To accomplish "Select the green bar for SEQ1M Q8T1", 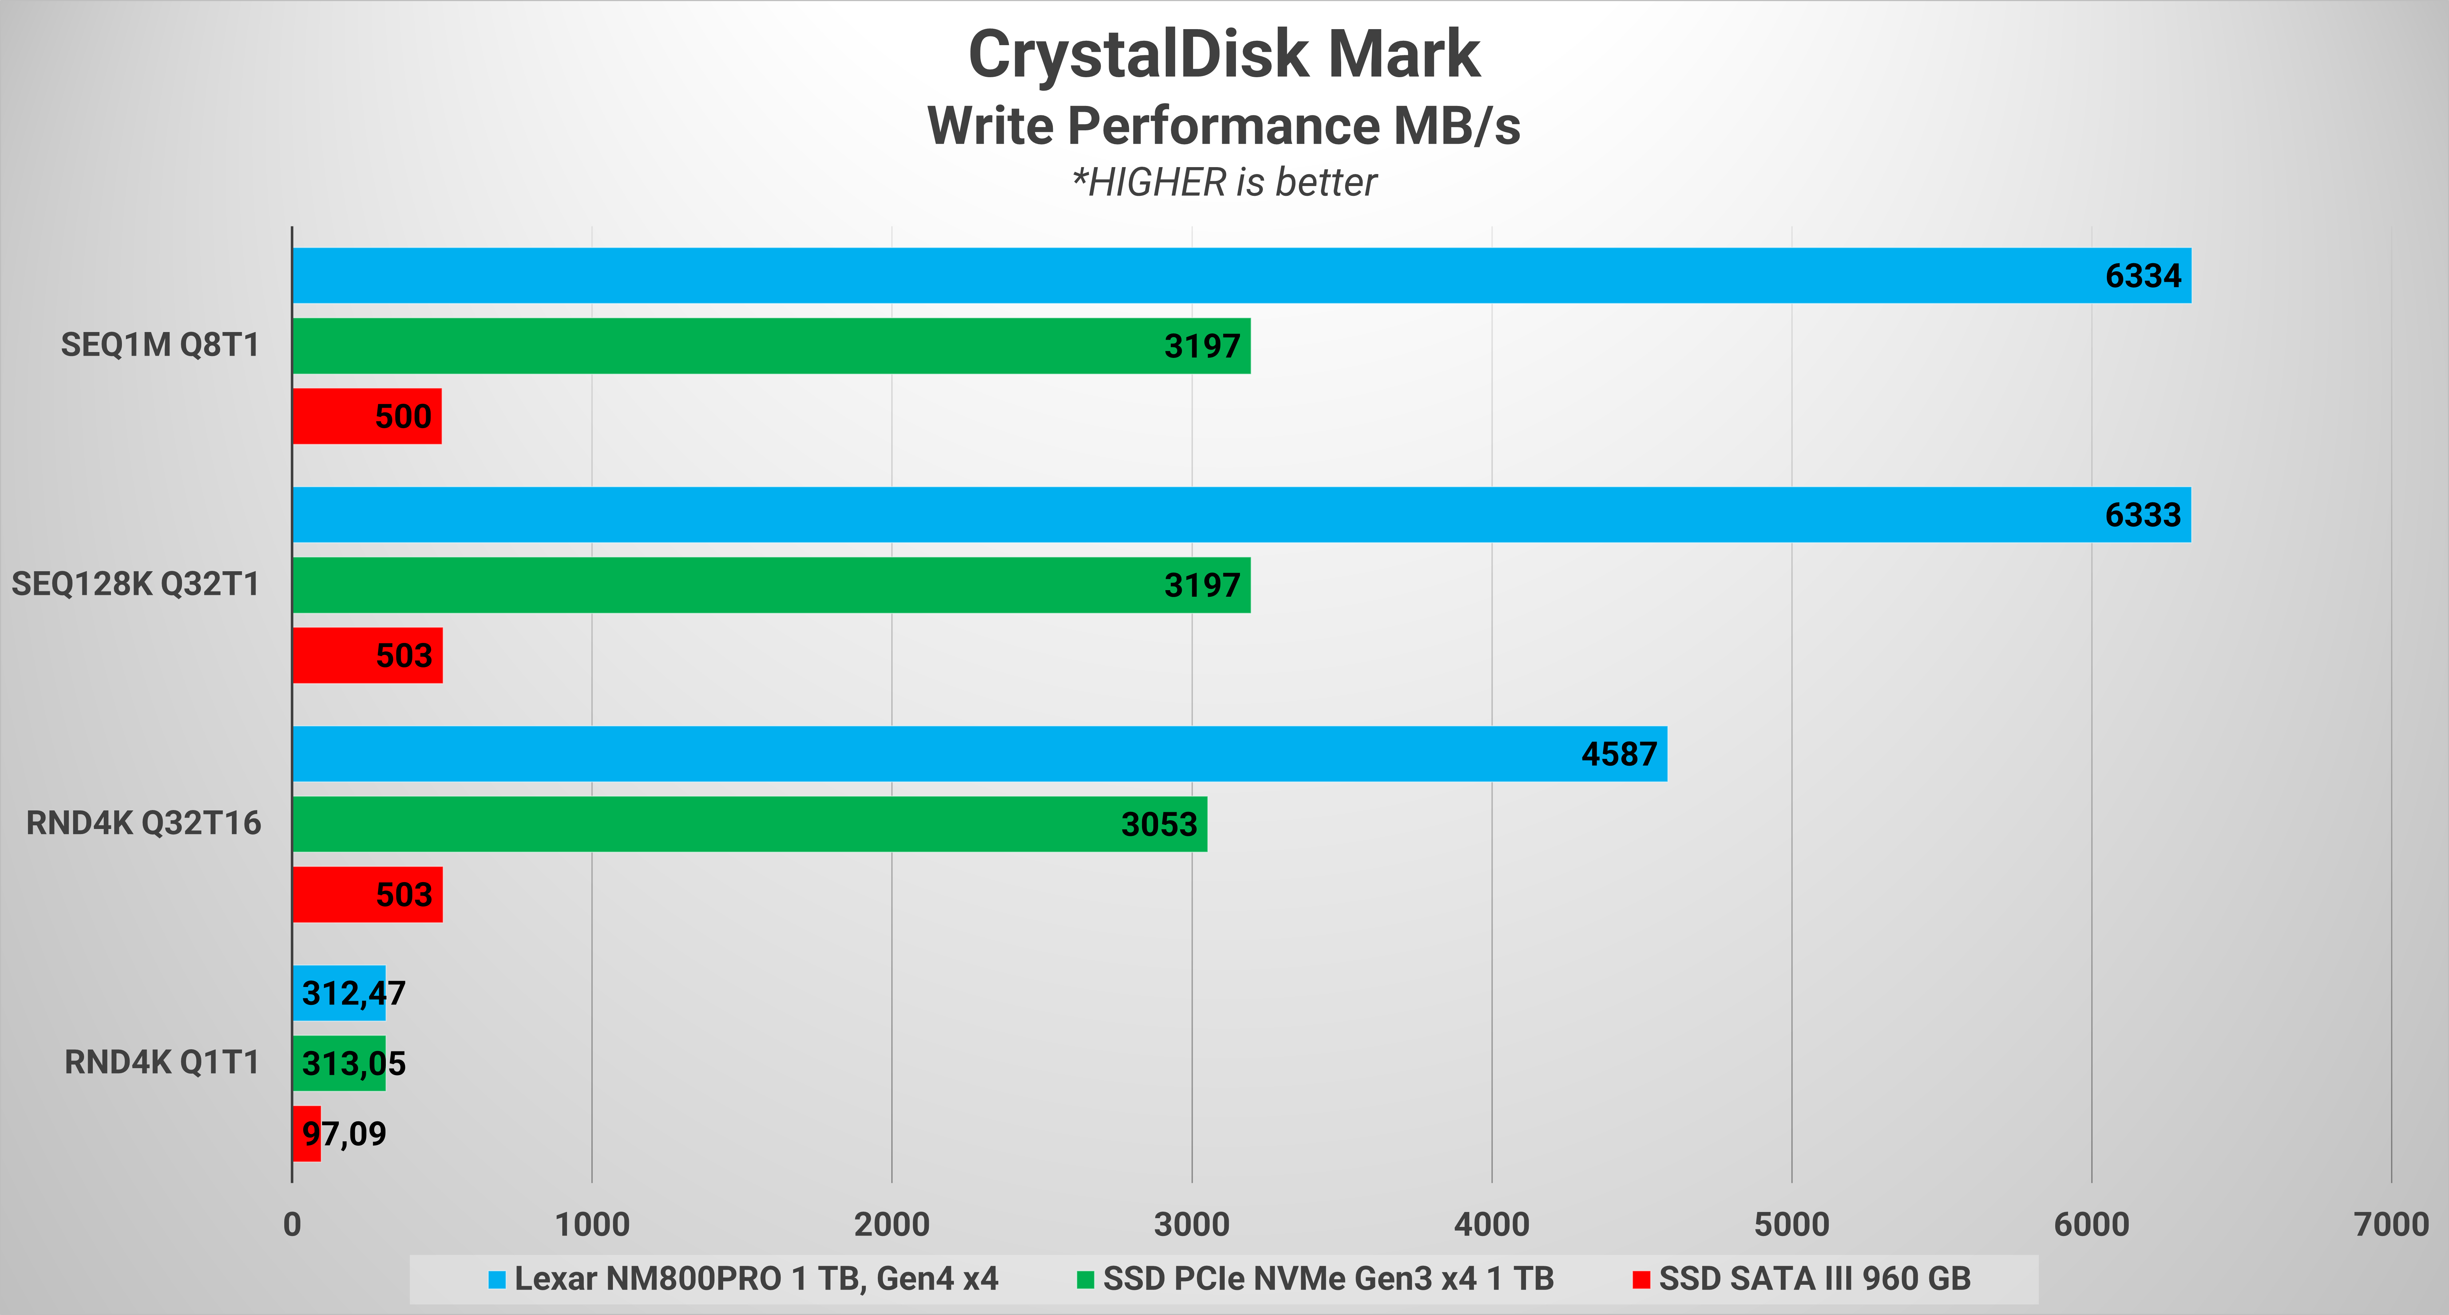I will click(x=770, y=346).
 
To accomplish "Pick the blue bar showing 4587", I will click(x=979, y=754).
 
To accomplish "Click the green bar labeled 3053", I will click(x=749, y=824).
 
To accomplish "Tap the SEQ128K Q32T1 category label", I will click(x=135, y=584).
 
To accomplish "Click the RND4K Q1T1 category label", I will click(x=162, y=1062).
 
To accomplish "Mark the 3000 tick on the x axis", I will click(x=1191, y=1225).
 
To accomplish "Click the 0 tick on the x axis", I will click(x=292, y=1225).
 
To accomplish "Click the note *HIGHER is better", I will click(x=1224, y=182).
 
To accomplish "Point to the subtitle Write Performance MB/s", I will click(x=1224, y=126).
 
